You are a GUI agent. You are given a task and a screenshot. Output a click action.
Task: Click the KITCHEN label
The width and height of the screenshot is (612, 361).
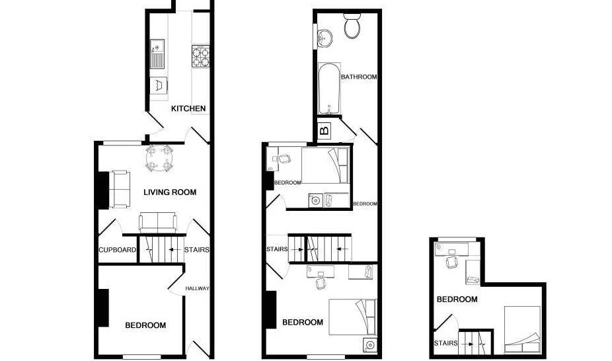[188, 108]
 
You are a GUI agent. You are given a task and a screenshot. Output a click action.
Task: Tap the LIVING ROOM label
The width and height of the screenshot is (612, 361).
[170, 192]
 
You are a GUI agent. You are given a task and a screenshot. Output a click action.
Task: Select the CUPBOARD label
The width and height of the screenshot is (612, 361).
[118, 250]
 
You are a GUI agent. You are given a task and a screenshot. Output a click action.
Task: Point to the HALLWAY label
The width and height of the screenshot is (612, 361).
[197, 288]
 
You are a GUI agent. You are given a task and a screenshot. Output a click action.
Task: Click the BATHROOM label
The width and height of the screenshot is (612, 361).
[359, 77]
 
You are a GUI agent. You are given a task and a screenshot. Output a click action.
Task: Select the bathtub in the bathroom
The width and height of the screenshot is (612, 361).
[329, 89]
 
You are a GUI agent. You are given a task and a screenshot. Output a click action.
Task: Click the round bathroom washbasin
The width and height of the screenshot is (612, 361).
[325, 38]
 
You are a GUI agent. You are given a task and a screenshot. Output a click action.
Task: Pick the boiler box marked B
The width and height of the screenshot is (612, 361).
[325, 130]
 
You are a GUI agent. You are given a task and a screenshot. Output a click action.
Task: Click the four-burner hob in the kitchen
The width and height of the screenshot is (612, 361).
[201, 56]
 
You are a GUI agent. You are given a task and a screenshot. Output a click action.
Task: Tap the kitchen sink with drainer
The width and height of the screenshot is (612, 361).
[157, 54]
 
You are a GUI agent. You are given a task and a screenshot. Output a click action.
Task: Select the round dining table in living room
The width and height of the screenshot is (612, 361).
[159, 158]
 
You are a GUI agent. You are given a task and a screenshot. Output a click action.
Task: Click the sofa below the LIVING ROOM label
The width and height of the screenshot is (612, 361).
[158, 222]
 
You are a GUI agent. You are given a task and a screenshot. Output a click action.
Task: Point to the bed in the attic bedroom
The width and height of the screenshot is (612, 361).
[522, 329]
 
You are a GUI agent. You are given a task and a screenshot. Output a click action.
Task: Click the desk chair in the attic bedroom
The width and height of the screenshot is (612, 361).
[452, 262]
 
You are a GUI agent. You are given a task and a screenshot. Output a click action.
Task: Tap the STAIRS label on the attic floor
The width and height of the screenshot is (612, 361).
[445, 343]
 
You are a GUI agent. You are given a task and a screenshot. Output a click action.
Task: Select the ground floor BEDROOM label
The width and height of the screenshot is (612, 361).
[145, 325]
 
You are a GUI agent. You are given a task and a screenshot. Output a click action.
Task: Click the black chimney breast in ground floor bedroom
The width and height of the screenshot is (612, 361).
[103, 308]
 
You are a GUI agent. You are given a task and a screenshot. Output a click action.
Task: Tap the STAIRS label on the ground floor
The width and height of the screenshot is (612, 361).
[197, 250]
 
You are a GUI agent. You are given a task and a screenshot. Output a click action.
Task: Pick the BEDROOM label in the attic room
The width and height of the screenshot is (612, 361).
[457, 300]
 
